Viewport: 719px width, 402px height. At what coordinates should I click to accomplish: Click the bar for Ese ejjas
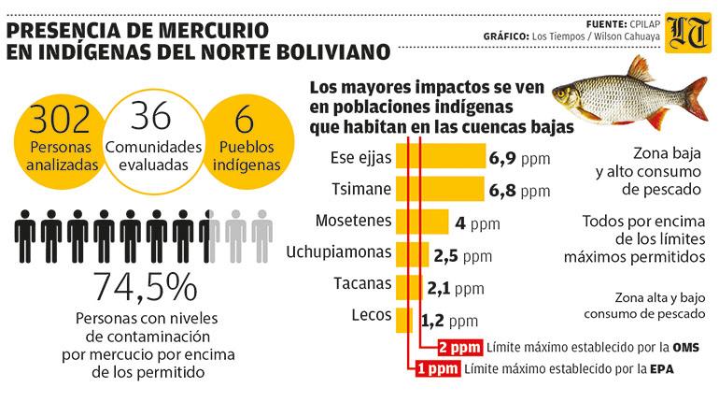(x=440, y=157)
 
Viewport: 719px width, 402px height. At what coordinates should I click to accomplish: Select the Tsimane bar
(x=439, y=190)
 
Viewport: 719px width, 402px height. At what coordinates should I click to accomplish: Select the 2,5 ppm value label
(x=462, y=255)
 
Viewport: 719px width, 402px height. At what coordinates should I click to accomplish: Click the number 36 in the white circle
(x=152, y=118)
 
